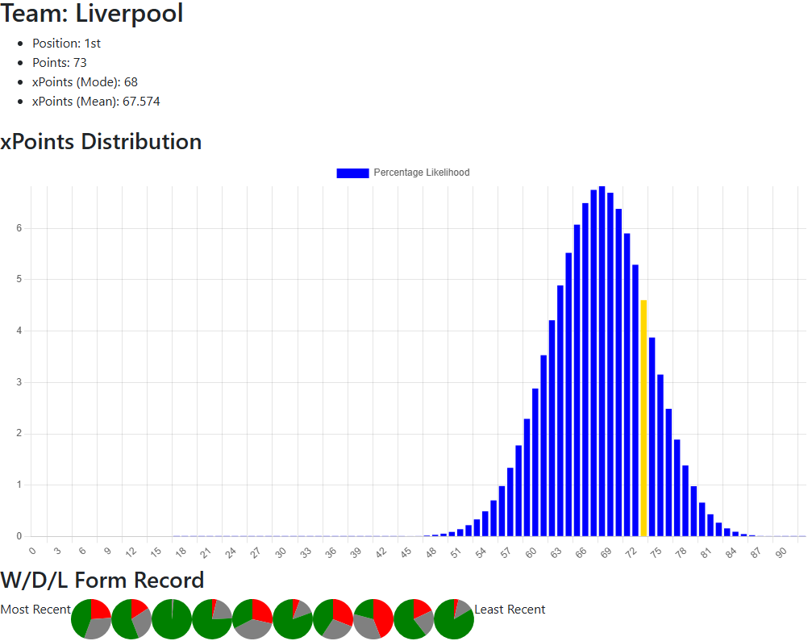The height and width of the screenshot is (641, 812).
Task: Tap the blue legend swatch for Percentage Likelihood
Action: point(352,173)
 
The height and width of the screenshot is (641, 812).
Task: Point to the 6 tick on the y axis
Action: point(19,228)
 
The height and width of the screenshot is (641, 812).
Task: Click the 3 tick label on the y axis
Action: point(19,382)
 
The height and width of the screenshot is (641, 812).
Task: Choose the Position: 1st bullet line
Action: point(66,44)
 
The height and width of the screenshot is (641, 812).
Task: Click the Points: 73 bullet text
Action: point(59,63)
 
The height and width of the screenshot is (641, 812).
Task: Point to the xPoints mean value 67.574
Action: point(141,102)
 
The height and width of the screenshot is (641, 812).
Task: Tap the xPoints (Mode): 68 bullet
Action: point(85,82)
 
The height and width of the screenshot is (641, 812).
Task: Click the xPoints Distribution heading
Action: point(101,142)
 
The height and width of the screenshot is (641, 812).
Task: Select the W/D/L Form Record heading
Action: point(102,580)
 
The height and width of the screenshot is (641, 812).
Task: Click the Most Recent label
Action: point(35,610)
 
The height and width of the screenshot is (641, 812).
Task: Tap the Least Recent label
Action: point(510,610)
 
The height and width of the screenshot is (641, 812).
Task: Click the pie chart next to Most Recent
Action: point(91,619)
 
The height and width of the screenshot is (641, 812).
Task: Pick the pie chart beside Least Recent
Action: point(454,619)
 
